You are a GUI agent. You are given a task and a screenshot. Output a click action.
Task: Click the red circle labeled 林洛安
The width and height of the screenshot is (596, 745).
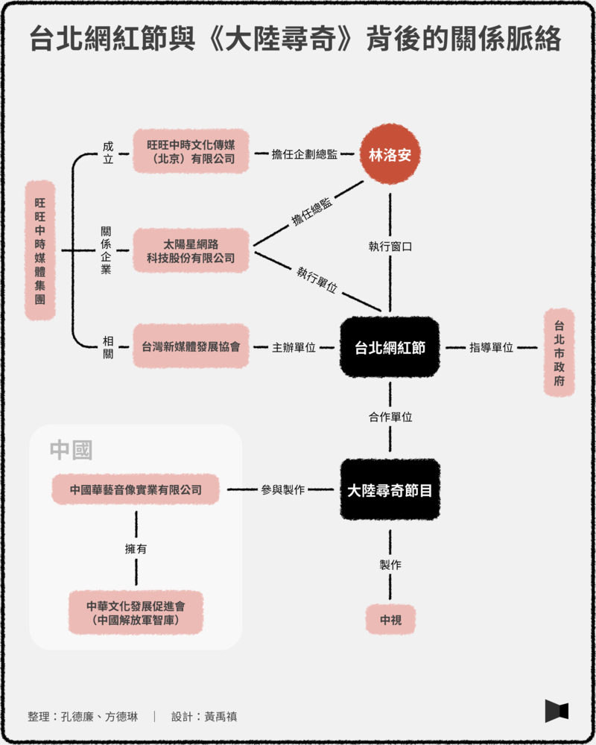point(390,154)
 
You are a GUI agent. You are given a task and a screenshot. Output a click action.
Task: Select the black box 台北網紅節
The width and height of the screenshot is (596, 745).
point(390,347)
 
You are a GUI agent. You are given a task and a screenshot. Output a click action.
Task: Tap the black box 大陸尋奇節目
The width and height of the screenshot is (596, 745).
point(390,490)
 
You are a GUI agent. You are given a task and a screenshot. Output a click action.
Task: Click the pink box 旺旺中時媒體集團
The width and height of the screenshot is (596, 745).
point(40,250)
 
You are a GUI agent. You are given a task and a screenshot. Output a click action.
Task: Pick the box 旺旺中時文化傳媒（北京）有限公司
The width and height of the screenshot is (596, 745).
point(191,151)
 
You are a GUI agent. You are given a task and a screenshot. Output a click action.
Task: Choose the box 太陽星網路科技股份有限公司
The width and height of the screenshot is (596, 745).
point(191,250)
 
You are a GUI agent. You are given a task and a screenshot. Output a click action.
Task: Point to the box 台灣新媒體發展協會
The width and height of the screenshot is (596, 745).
point(191,347)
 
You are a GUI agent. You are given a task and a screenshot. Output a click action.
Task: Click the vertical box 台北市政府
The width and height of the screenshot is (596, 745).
point(559,352)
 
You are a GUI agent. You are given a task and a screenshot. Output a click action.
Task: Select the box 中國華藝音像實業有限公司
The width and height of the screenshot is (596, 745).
point(136,490)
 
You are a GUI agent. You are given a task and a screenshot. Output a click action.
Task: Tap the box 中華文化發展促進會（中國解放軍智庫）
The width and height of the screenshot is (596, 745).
point(136,612)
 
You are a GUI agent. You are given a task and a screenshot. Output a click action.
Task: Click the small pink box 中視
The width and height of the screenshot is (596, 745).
point(390,620)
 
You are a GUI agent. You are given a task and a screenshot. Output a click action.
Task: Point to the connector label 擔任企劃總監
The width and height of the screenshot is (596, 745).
point(305,154)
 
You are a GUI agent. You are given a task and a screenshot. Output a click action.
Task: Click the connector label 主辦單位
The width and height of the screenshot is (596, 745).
point(294,347)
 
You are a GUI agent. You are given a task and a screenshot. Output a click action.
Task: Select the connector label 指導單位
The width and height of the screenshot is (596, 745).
point(491,347)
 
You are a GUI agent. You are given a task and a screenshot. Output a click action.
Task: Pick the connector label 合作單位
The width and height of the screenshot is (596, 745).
point(390,417)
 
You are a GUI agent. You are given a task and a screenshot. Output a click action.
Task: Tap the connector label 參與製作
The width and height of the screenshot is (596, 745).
point(282,490)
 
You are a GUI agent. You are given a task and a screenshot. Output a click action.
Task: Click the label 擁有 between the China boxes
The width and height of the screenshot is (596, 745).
point(136,550)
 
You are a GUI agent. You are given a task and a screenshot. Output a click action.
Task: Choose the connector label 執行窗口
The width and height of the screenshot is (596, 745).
point(390,247)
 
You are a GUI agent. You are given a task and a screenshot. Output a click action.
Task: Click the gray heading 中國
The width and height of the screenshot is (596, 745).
point(71,449)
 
